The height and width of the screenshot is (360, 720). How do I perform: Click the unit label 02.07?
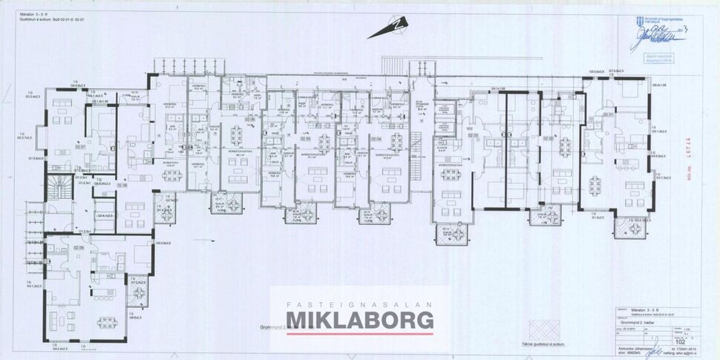click(x=80, y=148)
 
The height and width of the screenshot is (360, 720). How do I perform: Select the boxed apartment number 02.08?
click(x=122, y=186)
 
